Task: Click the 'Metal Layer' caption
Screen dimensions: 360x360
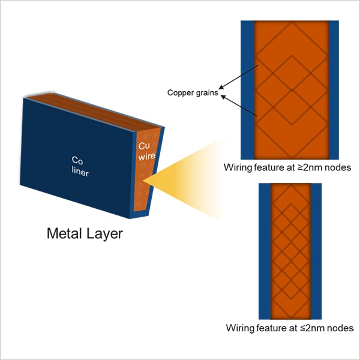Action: (85, 233)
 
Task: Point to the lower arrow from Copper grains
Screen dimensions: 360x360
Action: (240, 106)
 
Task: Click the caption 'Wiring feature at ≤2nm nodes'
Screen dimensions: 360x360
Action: (289, 328)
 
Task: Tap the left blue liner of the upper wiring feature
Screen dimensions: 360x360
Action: (248, 90)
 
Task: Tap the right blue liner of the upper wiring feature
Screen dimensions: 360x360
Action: (335, 90)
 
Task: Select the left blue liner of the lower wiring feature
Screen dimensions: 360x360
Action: (265, 251)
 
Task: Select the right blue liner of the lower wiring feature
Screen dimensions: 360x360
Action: (316, 251)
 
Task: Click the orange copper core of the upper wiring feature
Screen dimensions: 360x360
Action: (292, 90)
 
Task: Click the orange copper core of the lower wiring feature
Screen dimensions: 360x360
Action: (290, 251)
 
